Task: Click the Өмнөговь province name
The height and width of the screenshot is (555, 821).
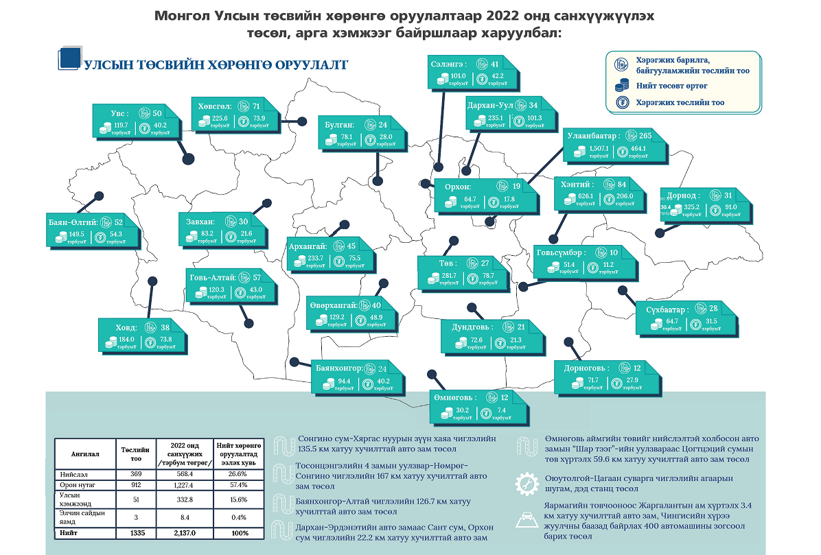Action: [x=452, y=398]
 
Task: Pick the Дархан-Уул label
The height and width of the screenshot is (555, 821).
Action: [x=489, y=105]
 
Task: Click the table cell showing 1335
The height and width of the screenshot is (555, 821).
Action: [x=130, y=532]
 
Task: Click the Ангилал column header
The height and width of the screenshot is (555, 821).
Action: [x=84, y=453]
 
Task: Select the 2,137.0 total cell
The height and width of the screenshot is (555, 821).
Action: [x=184, y=532]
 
